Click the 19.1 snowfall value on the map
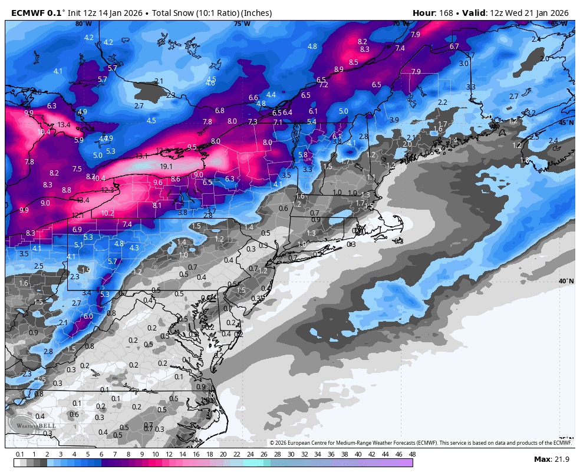click(166, 167)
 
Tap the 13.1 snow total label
click(141, 156)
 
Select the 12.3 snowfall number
click(107, 190)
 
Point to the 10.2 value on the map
click(107, 213)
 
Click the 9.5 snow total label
click(192, 147)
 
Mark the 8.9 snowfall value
click(339, 70)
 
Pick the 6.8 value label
click(220, 111)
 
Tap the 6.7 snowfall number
click(454, 47)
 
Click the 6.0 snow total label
click(88, 316)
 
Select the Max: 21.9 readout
click(550, 459)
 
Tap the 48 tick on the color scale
click(412, 454)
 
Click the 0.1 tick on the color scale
click(20, 454)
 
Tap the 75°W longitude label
click(242, 24)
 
